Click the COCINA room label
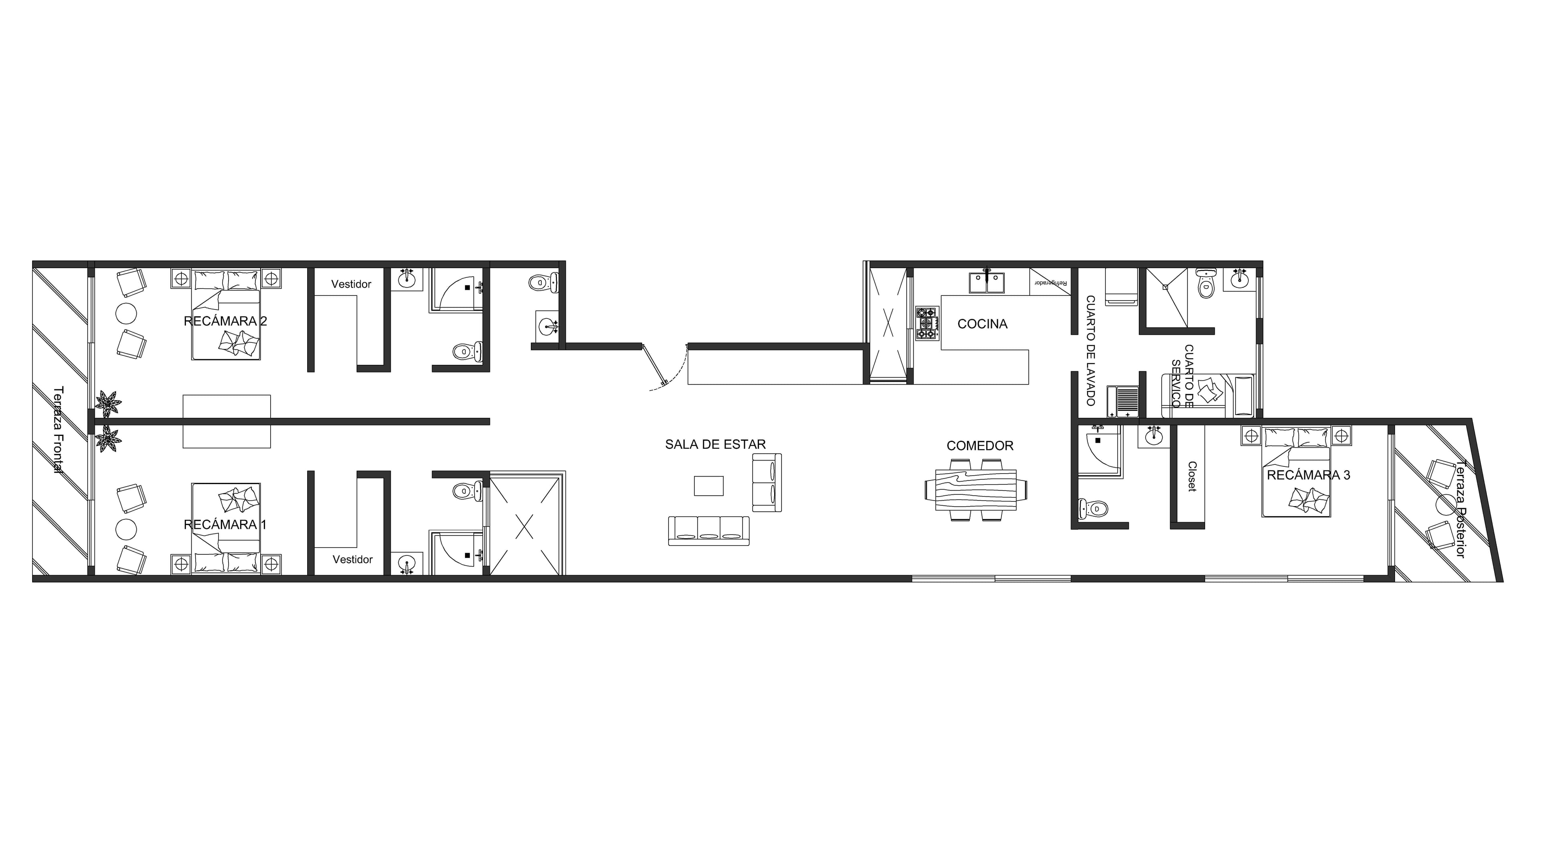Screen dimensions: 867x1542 click(982, 324)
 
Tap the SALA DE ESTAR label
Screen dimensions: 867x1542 click(715, 445)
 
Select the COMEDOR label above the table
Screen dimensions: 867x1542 click(980, 446)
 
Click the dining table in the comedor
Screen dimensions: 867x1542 click(976, 489)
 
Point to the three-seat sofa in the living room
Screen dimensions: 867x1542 click(709, 531)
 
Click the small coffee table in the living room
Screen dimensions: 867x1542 click(709, 486)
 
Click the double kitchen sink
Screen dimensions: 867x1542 click(987, 283)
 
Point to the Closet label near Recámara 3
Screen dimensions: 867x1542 click(1192, 476)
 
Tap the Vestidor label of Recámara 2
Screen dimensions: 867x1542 click(351, 284)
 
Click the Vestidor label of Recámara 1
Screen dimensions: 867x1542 click(353, 560)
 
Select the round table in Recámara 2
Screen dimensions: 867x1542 click(126, 313)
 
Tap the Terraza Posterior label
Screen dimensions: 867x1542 click(1460, 509)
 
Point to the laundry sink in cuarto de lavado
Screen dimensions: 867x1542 click(1123, 400)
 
